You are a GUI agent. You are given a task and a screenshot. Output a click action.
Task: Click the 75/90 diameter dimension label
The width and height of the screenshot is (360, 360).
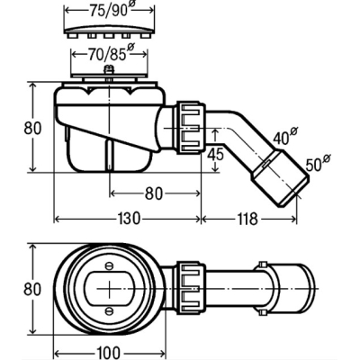[x=111, y=11]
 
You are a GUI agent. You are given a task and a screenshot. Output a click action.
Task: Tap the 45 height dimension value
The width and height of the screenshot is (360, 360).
[x=216, y=154]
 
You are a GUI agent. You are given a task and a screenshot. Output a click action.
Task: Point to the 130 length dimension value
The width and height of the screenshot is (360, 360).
[x=129, y=219]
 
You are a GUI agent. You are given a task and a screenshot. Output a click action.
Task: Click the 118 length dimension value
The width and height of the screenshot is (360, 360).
[x=247, y=219]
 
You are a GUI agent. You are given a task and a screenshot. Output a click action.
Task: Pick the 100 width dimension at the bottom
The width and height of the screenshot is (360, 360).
[x=109, y=353]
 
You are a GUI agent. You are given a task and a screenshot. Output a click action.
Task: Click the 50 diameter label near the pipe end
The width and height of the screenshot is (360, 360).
[x=318, y=164]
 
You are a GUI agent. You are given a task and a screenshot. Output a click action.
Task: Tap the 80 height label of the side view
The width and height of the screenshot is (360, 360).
[x=32, y=128]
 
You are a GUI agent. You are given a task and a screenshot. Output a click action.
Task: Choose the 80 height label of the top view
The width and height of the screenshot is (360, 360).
[x=32, y=289]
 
